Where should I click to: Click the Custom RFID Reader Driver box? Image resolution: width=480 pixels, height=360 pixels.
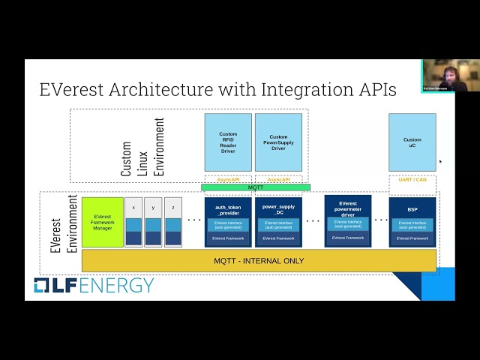(228, 142)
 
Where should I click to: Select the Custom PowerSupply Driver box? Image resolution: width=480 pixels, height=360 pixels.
(278, 142)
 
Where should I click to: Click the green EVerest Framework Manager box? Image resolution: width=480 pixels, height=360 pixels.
(102, 222)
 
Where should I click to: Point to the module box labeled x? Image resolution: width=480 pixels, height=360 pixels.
(133, 222)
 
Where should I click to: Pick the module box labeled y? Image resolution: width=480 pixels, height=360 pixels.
(153, 222)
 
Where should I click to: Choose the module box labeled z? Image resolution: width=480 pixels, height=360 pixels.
(173, 222)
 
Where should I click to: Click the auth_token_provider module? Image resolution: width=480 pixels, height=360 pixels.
(228, 222)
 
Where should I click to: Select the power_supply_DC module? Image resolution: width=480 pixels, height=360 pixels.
(278, 222)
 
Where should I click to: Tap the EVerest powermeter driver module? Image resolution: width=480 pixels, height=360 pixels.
(347, 220)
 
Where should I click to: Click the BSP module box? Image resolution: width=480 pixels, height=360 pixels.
(412, 222)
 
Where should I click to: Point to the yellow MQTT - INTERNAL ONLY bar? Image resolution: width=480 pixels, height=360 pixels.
(258, 261)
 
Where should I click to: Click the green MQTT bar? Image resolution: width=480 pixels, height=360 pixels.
(255, 187)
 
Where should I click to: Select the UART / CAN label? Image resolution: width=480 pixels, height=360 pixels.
(412, 180)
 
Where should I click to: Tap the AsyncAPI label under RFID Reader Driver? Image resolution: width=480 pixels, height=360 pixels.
(228, 180)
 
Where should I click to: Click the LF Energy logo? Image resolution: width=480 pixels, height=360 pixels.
(94, 286)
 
